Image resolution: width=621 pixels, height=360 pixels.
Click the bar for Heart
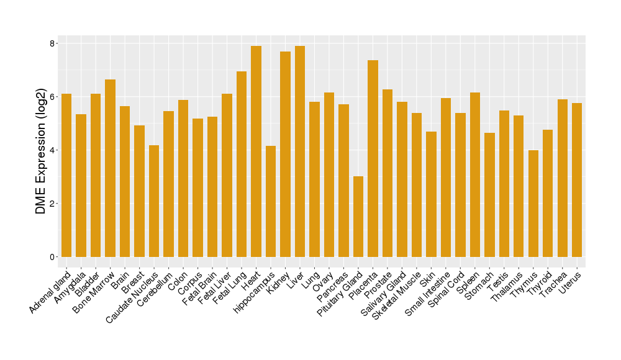[256, 151]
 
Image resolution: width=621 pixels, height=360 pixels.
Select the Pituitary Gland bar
[358, 217]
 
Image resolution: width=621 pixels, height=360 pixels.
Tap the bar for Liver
[300, 151]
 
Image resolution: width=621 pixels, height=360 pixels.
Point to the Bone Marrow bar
[110, 168]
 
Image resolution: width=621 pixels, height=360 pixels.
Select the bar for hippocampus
[271, 201]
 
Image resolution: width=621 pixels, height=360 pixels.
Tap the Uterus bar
[577, 180]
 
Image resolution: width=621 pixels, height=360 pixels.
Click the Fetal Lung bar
[242, 164]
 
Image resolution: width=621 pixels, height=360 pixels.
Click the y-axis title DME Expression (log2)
[41, 150]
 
